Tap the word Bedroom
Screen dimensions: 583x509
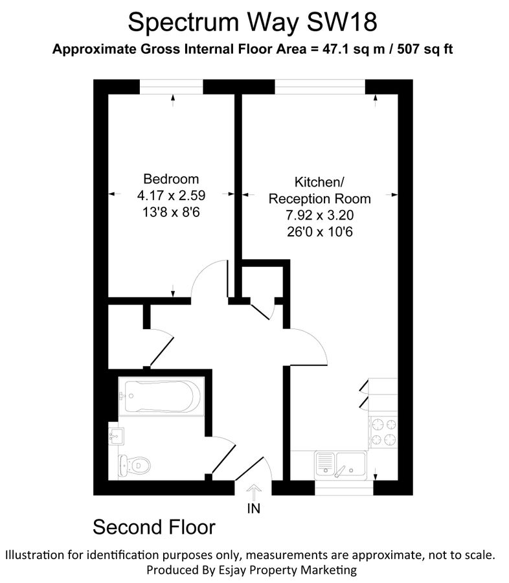click(172, 179)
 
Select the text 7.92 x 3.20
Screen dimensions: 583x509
click(320, 215)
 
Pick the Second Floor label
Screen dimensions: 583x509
click(153, 527)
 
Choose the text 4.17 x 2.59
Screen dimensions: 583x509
click(172, 195)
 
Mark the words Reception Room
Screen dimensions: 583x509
click(320, 199)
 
